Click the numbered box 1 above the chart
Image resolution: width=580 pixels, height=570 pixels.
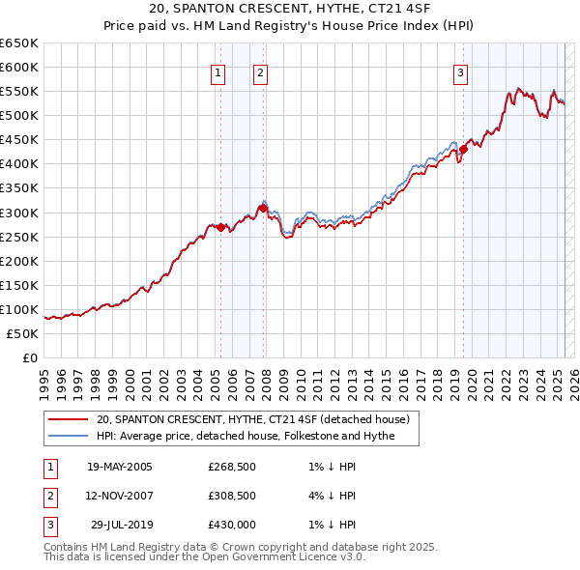click(217, 73)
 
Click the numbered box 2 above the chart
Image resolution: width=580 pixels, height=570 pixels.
click(261, 73)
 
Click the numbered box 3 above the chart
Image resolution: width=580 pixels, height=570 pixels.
click(461, 73)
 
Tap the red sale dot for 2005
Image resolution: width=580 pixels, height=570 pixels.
click(220, 227)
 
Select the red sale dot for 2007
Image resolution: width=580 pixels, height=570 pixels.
click(263, 208)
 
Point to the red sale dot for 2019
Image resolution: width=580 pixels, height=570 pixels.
click(464, 149)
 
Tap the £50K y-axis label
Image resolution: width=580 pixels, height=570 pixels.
click(23, 333)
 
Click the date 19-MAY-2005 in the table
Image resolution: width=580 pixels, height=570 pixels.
click(120, 467)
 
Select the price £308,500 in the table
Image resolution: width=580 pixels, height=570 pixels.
click(233, 496)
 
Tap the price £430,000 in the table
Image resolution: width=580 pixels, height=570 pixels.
click(233, 525)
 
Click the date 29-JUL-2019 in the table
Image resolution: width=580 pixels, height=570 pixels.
click(122, 525)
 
